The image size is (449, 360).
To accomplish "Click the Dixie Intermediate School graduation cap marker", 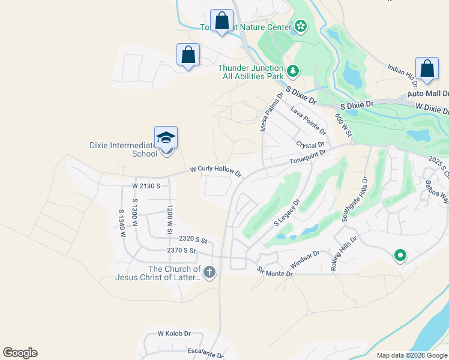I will click(166, 139).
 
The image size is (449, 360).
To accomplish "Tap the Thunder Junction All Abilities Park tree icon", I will click(292, 71).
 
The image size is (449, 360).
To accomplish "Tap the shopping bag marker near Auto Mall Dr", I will click(427, 69).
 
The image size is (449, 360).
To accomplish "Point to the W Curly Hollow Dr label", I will click(215, 172).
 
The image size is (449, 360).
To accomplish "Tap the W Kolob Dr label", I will click(174, 333).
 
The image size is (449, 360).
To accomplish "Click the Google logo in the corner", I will click(20, 353).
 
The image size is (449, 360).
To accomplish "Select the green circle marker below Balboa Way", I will click(400, 256).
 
